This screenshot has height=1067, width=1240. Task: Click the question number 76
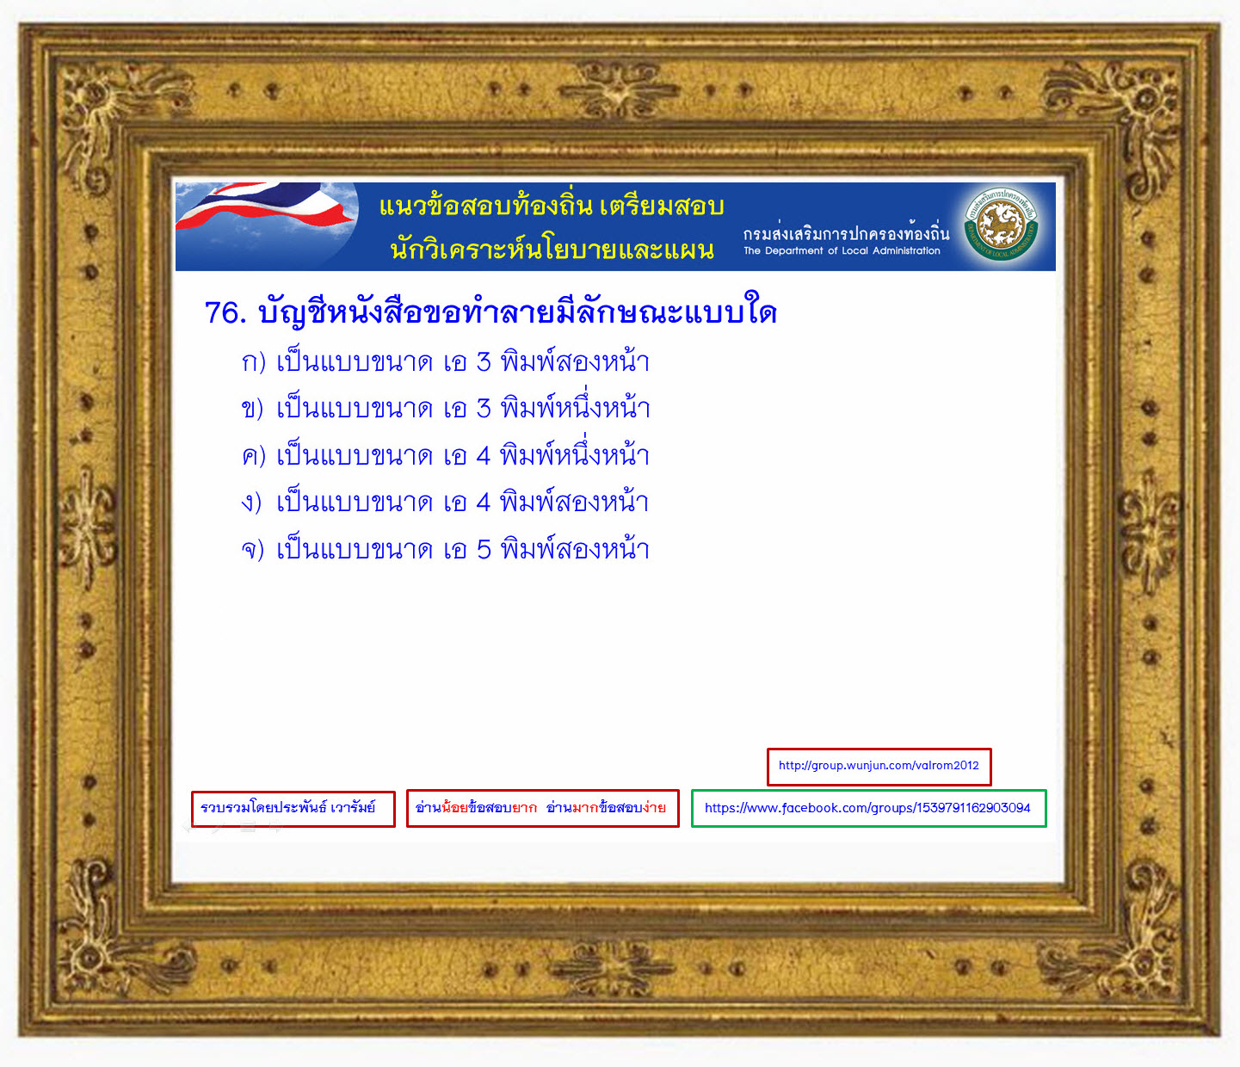(225, 312)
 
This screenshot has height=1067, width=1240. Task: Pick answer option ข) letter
(252, 409)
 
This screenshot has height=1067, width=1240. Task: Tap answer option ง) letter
(251, 503)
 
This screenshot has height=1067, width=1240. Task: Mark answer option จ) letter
(252, 549)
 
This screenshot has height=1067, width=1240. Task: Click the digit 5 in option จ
(484, 550)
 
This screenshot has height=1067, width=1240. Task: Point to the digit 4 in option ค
(484, 456)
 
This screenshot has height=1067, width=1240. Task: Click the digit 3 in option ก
(484, 362)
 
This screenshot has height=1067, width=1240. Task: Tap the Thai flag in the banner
(265, 207)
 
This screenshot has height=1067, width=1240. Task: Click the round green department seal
(1001, 224)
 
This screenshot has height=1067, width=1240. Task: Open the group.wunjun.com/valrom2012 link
(879, 766)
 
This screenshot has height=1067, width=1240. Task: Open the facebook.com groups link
(868, 808)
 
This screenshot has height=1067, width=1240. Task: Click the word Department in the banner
(794, 250)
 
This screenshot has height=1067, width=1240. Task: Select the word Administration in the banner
(906, 250)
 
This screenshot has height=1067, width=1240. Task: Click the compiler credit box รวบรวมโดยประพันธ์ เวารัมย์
(293, 809)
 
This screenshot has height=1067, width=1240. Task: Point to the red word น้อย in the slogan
(454, 807)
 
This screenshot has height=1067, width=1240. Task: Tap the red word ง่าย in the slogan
(654, 807)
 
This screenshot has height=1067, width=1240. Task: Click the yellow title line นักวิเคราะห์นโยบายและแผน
(552, 249)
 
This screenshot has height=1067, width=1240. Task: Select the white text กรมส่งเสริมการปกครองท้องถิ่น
(846, 232)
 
